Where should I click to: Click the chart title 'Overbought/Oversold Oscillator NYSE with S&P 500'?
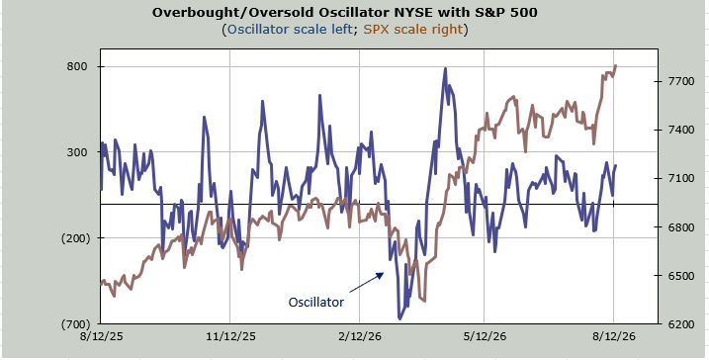(x=344, y=13)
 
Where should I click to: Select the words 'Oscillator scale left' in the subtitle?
(x=290, y=30)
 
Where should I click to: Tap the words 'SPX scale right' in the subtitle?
(x=413, y=30)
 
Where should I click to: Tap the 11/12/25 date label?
(x=230, y=336)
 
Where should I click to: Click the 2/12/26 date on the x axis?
(x=360, y=336)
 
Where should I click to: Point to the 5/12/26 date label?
(x=485, y=336)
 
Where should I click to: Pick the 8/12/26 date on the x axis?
(x=614, y=336)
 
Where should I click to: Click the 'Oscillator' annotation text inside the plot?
(x=316, y=302)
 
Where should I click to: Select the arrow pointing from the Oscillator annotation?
(x=367, y=282)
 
